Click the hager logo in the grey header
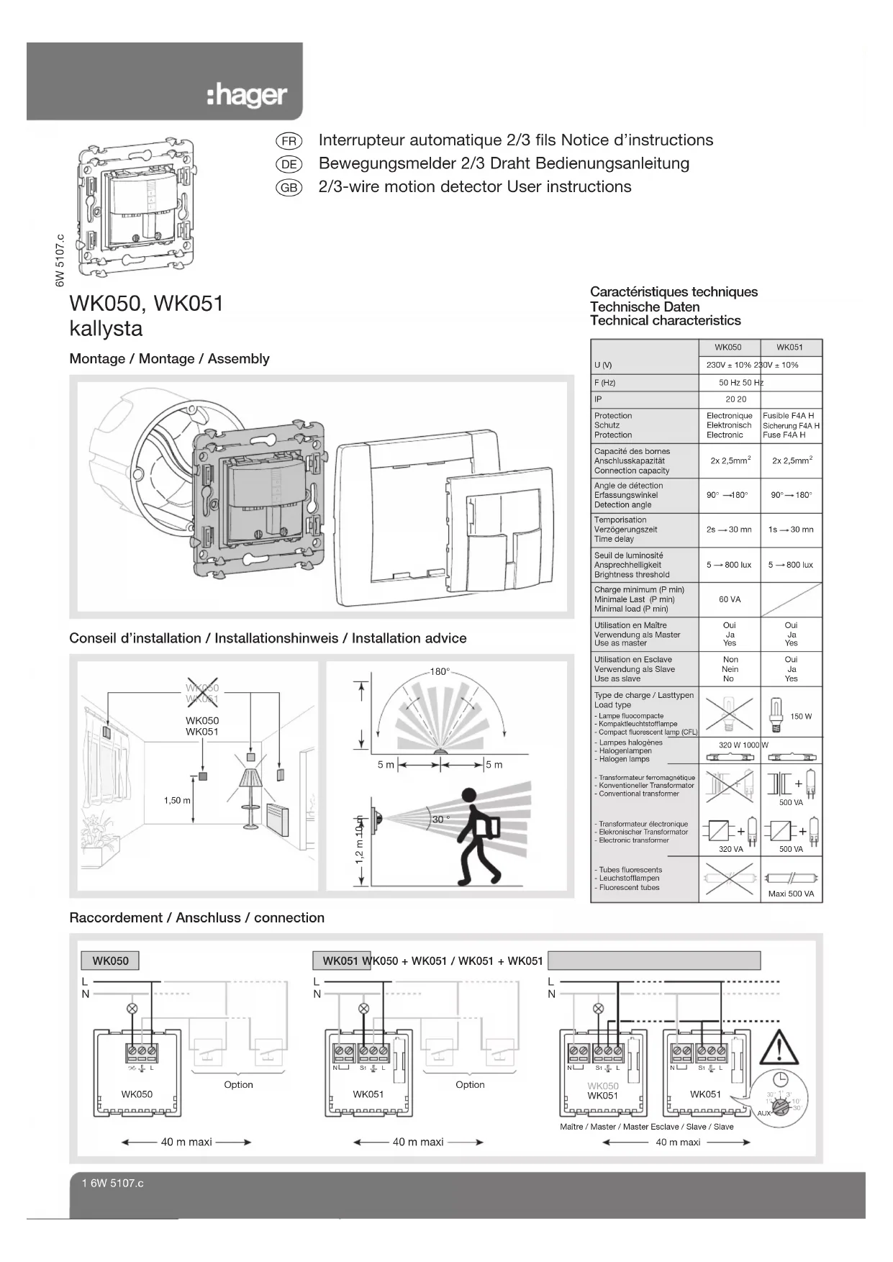(247, 96)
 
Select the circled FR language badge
(289, 141)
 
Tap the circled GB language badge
(289, 188)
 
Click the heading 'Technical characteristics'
(665, 321)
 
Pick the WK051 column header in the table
(789, 348)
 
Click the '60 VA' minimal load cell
(729, 599)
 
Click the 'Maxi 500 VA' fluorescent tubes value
(790, 894)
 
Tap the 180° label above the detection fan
(440, 672)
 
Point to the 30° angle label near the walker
(440, 820)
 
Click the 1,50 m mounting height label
(177, 800)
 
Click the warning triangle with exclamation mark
(780, 1048)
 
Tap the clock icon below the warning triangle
(780, 1079)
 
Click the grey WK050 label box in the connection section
(110, 961)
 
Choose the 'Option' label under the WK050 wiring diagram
(238, 1084)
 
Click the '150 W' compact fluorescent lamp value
(800, 717)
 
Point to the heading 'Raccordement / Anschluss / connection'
(196, 918)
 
